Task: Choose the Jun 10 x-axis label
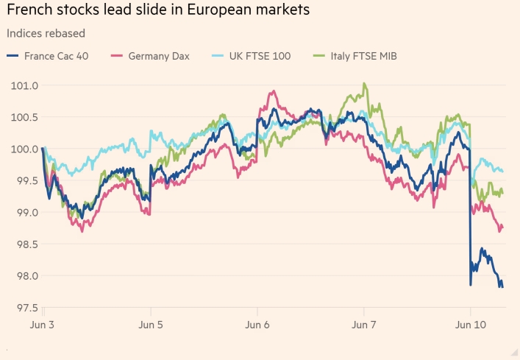tap(471, 324)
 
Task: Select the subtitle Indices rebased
tap(46, 33)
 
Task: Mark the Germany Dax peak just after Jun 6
tap(273, 91)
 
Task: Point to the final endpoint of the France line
tap(502, 287)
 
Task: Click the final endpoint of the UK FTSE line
tap(502, 171)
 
